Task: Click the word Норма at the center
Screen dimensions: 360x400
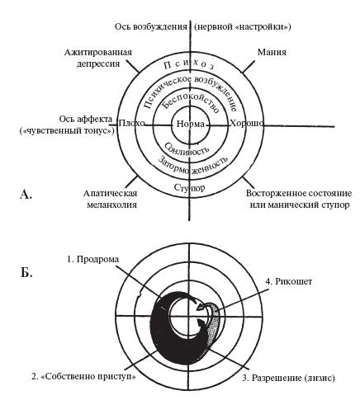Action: pos(191,124)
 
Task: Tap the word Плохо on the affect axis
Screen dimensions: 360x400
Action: pos(131,124)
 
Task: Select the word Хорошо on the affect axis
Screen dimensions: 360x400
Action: pos(246,124)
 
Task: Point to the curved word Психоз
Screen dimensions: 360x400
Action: pos(189,64)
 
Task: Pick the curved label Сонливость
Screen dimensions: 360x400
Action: pos(186,148)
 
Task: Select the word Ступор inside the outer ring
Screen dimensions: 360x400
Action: pos(189,188)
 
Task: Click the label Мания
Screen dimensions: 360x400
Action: pos(272,52)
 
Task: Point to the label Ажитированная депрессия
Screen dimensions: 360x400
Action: pos(98,58)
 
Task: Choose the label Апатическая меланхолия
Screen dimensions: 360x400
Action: pos(110,199)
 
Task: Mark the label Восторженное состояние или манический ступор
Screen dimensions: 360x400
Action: pos(299,199)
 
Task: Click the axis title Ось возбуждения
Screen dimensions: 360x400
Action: pos(151,26)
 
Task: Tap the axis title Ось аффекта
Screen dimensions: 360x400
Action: pos(86,119)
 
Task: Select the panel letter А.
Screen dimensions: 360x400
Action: pos(26,195)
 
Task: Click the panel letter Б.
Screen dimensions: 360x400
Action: pos(26,272)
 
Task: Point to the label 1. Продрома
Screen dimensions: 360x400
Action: pos(93,259)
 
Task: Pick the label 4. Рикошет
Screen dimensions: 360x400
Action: pos(289,281)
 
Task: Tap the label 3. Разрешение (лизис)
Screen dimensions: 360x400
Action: pos(288,378)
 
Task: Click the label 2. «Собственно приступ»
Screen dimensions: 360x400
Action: pos(83,376)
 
